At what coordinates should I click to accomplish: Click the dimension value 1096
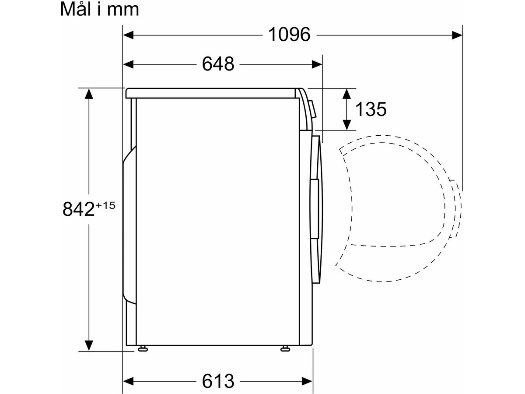click(289, 35)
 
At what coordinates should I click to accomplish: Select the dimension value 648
click(218, 64)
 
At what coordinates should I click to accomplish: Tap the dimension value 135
click(371, 109)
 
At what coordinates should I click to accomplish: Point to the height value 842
click(78, 209)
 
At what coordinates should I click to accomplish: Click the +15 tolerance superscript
click(105, 205)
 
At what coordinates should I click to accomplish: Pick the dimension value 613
click(218, 381)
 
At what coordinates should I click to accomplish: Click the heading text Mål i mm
click(99, 10)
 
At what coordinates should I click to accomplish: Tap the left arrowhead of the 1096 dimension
click(128, 35)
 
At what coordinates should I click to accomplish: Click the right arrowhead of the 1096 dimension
click(457, 35)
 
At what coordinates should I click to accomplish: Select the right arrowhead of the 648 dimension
click(317, 64)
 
